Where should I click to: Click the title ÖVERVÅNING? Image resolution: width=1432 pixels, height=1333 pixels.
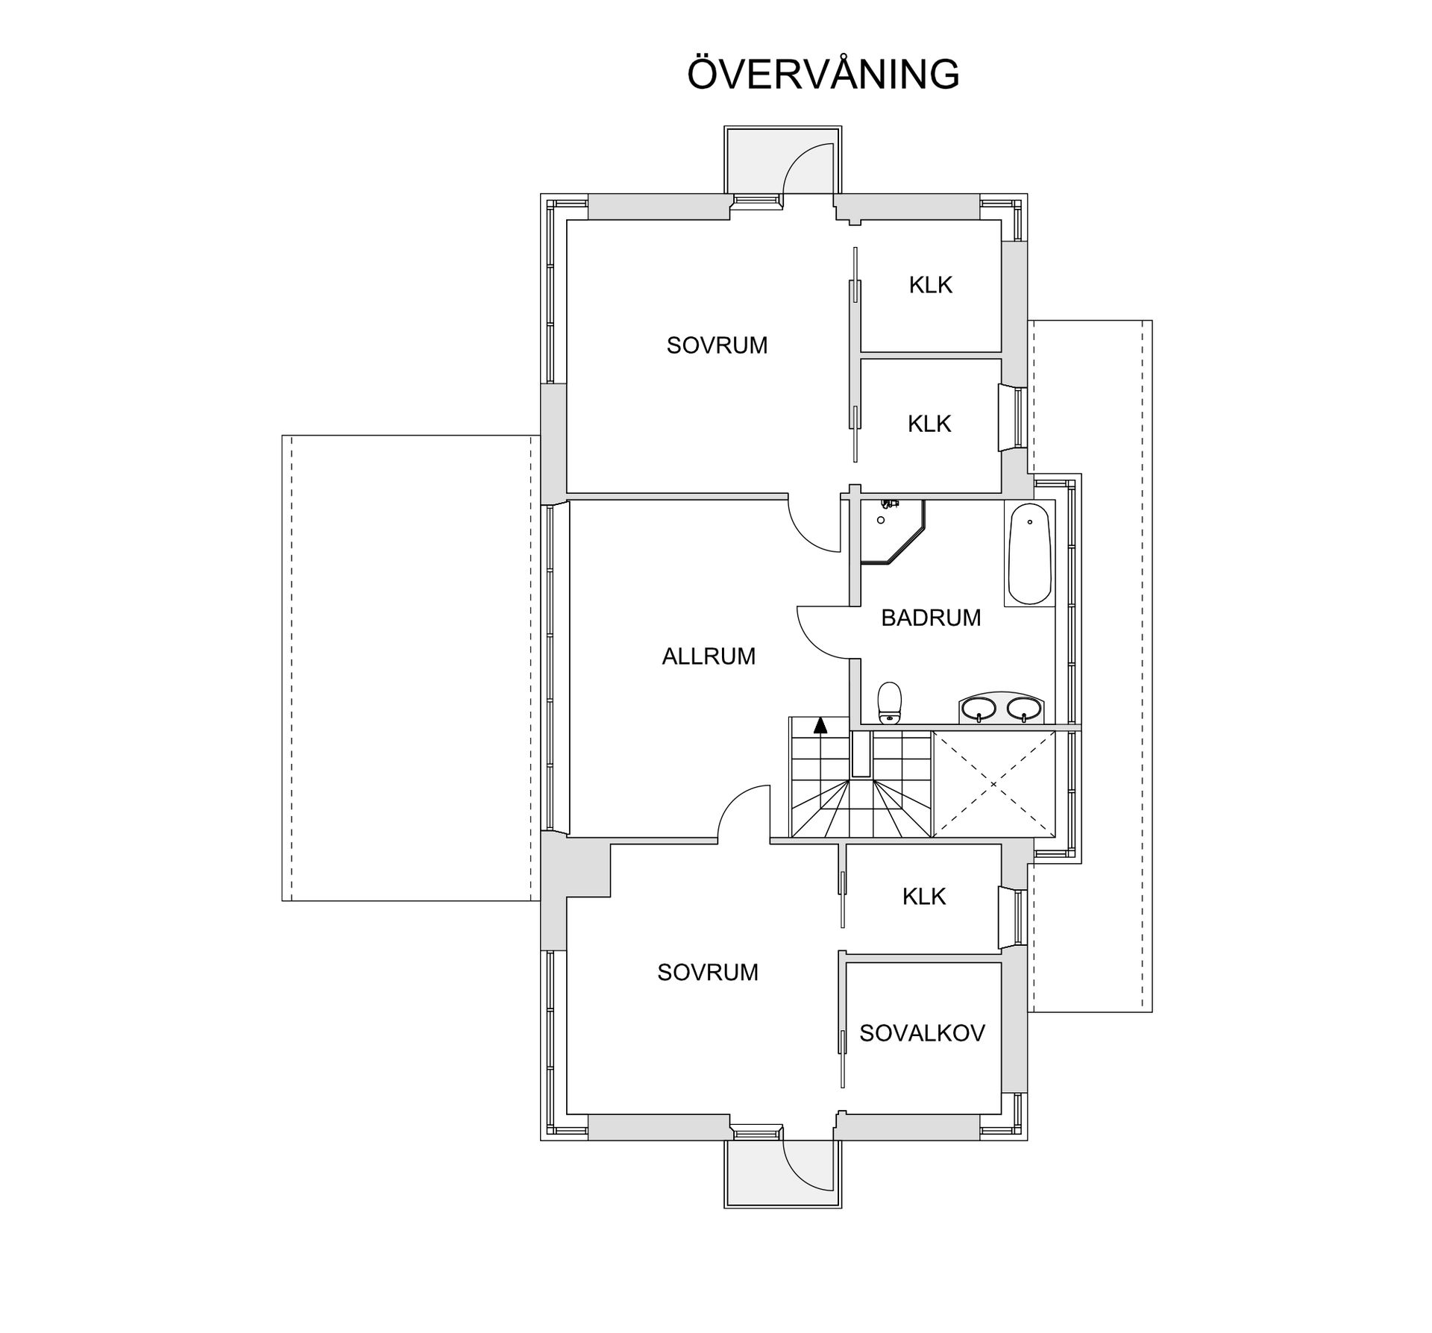tap(823, 75)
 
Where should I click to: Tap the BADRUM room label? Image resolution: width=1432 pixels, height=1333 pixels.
tap(930, 618)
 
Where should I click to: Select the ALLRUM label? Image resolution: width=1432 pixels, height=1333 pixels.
tap(709, 656)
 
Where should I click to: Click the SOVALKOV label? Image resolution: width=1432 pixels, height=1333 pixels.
tap(922, 1033)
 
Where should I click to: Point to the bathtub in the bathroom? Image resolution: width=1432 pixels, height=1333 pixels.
tap(1029, 553)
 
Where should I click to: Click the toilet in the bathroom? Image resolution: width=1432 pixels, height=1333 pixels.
tap(889, 703)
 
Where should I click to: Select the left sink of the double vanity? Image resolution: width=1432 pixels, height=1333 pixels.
tap(978, 707)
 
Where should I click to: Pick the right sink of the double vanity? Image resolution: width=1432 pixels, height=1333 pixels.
tap(1024, 707)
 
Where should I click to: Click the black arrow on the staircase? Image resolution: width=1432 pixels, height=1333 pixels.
tap(820, 724)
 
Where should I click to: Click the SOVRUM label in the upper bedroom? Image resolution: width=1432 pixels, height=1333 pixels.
tap(717, 345)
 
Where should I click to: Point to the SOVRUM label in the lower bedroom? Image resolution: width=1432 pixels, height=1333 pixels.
tap(707, 972)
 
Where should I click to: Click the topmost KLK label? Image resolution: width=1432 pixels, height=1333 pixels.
tap(930, 285)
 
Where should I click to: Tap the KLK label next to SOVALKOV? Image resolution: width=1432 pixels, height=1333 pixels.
tap(923, 896)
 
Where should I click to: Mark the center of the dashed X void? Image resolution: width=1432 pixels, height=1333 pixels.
tap(993, 784)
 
